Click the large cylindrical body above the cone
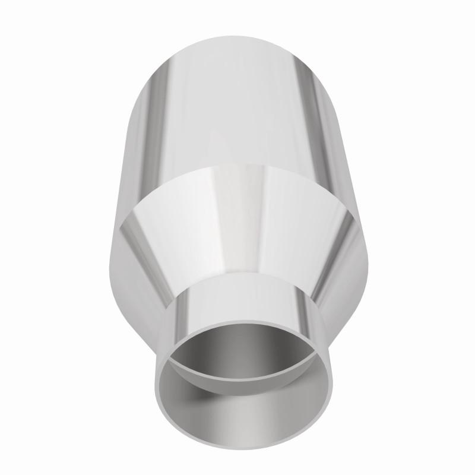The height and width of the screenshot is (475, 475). click(237, 107)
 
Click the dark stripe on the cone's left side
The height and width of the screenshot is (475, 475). click(148, 249)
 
